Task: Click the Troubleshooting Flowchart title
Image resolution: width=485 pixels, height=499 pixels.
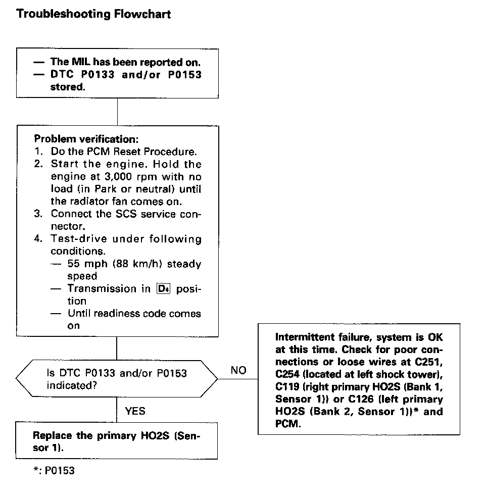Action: tap(93, 14)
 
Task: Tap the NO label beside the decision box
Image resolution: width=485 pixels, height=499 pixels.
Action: tap(238, 370)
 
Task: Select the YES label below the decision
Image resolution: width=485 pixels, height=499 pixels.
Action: tap(135, 411)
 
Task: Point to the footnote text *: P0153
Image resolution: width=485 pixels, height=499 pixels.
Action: tap(54, 471)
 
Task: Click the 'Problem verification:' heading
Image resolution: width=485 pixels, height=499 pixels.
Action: tap(86, 138)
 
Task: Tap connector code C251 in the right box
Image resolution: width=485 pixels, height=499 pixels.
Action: tap(429, 362)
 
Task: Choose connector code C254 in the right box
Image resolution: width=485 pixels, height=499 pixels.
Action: tap(289, 374)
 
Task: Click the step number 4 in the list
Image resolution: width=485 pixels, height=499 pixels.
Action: tap(38, 238)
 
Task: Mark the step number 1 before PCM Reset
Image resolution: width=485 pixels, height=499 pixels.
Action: tap(38, 151)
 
